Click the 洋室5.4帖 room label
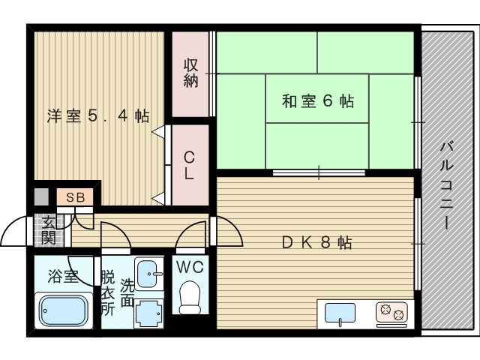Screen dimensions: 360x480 tap(97, 116)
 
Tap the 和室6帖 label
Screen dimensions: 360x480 tap(318, 100)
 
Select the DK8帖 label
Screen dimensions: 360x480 tap(317, 243)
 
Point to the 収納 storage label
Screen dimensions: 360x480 tap(190, 73)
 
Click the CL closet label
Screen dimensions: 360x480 tap(190, 165)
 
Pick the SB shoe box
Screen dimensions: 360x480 tap(75, 198)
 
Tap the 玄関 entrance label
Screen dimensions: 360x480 tap(48, 229)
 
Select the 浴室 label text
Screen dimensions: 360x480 tap(63, 275)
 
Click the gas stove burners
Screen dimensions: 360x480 tap(391, 311)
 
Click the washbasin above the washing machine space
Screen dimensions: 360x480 tap(149, 271)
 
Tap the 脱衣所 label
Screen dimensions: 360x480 tap(108, 292)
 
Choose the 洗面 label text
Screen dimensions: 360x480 tap(127, 292)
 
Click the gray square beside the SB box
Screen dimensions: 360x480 tap(42, 198)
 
